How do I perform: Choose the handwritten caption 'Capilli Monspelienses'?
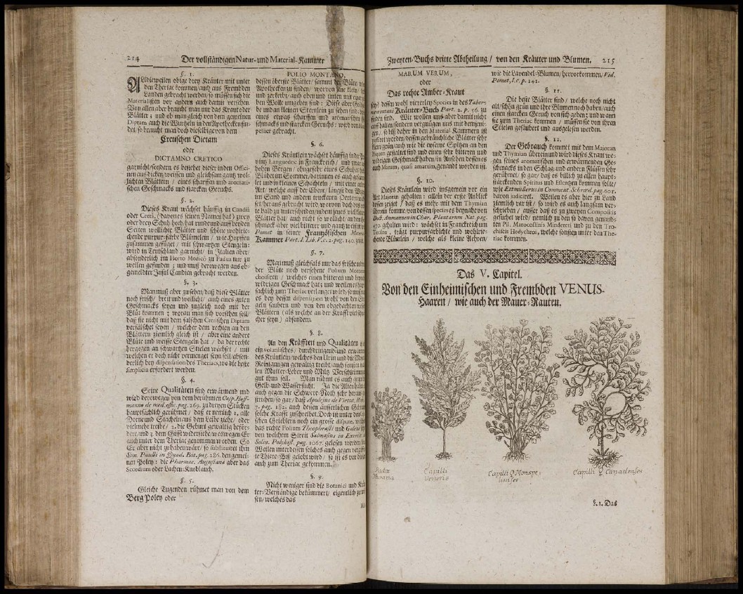coord(516,475)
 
